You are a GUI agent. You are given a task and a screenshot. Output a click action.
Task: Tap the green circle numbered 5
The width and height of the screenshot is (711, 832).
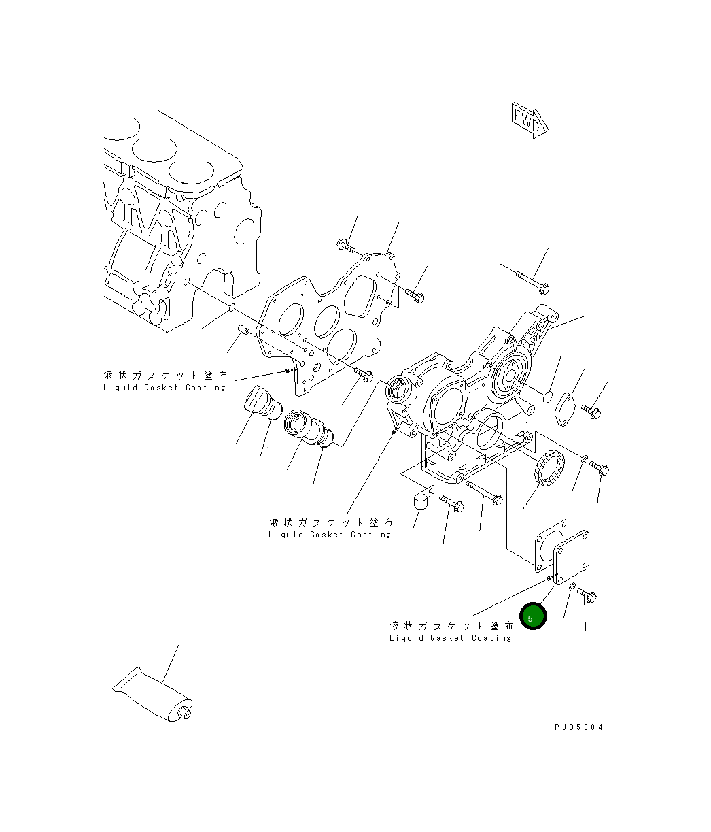pyautogui.click(x=533, y=616)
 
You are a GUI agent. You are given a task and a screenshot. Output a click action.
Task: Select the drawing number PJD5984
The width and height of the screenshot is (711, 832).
pyautogui.click(x=578, y=727)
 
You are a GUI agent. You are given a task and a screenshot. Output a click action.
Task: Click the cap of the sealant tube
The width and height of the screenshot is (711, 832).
pyautogui.click(x=184, y=713)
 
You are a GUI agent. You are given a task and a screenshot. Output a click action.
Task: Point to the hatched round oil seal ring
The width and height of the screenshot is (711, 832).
pyautogui.click(x=550, y=470)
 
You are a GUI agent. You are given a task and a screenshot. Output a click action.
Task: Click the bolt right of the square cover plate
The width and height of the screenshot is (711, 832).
pyautogui.click(x=588, y=595)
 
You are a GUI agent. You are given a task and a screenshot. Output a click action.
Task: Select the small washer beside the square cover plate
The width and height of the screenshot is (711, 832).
pyautogui.click(x=572, y=586)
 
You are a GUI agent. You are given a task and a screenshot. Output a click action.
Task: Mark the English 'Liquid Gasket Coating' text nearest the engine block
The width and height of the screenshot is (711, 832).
pyautogui.click(x=164, y=388)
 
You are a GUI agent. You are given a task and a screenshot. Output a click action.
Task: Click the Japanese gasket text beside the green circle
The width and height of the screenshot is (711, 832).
pyautogui.click(x=451, y=625)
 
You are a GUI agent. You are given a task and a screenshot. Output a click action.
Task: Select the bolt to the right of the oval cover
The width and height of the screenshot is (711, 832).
pyautogui.click(x=591, y=411)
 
